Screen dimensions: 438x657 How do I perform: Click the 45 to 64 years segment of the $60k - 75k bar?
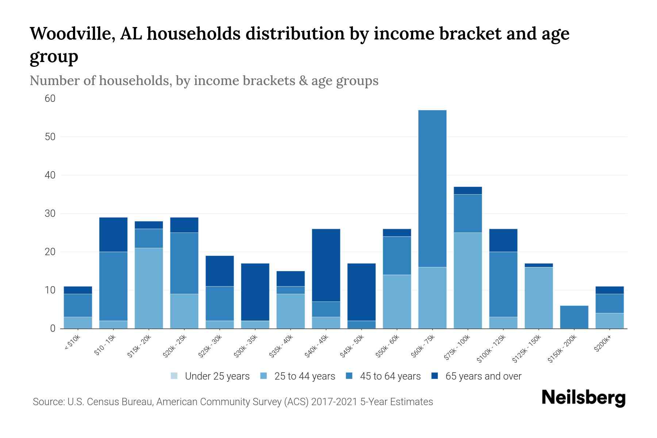(x=432, y=188)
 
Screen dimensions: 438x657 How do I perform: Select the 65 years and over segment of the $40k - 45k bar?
(x=326, y=265)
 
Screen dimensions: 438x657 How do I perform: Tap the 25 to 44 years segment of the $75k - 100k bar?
(x=468, y=280)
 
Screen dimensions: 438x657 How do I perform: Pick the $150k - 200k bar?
(x=574, y=317)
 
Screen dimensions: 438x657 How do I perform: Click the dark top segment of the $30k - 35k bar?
(x=255, y=292)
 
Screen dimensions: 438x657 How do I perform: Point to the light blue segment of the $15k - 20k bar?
(x=149, y=288)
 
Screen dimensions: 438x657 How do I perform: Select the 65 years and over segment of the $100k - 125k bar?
(x=503, y=240)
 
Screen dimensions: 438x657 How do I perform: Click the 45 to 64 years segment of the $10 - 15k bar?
(x=113, y=286)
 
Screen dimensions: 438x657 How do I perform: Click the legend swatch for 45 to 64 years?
(x=349, y=376)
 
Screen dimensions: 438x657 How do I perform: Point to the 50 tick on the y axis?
(x=50, y=137)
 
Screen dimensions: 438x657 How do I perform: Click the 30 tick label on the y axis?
(x=50, y=214)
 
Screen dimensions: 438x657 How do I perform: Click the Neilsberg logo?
(x=583, y=398)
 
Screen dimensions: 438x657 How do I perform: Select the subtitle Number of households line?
(x=204, y=81)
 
